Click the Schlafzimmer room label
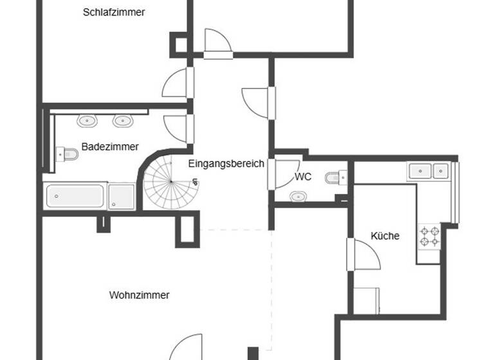click(x=114, y=12)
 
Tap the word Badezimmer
click(x=110, y=147)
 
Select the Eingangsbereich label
click(x=226, y=163)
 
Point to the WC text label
click(x=303, y=177)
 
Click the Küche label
click(x=385, y=236)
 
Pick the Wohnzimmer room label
click(x=139, y=295)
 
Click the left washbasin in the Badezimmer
click(x=87, y=121)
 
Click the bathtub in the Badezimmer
click(x=75, y=195)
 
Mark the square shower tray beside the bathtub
click(x=121, y=195)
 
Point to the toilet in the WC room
click(x=336, y=177)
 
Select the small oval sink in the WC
click(x=298, y=197)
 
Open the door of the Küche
click(x=363, y=254)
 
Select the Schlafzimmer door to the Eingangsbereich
click(x=177, y=84)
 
